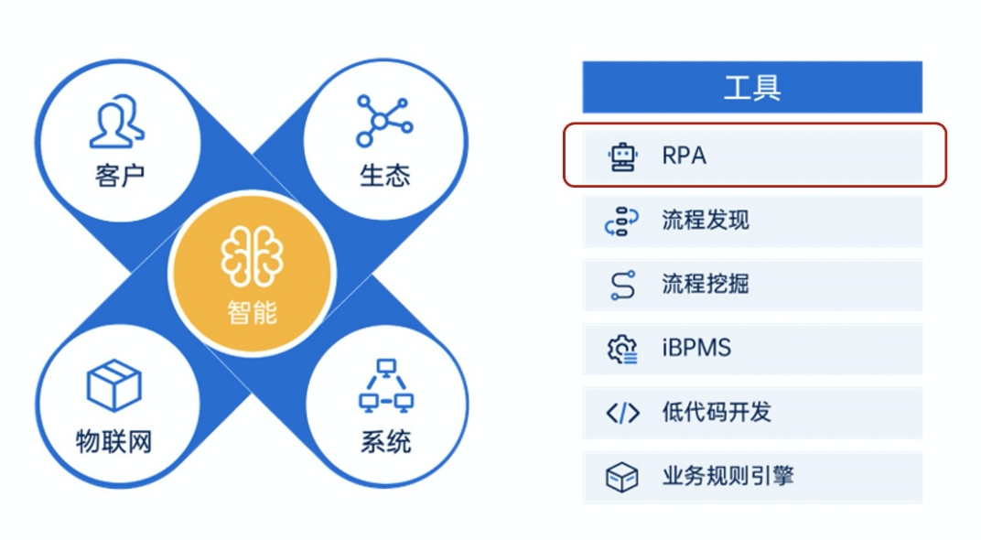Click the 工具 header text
751,89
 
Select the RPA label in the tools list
684,156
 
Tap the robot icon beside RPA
623,157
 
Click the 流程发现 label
705,221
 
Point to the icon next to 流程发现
622,221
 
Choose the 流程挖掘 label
705,285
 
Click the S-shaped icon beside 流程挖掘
622,286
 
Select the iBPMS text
695,349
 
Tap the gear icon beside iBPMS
622,349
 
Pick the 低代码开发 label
716,413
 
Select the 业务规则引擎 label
727,477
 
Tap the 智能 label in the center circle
252,313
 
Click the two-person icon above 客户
117,122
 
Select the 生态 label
384,175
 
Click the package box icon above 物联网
113,384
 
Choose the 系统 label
385,443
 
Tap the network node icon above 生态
383,120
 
